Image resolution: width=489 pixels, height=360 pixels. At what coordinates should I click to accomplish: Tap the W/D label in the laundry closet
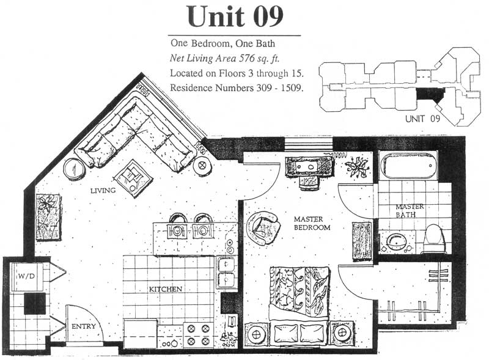(x=26, y=276)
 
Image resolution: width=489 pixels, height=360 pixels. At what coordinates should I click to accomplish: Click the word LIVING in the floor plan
(x=103, y=190)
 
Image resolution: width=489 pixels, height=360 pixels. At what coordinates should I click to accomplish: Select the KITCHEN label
(x=165, y=289)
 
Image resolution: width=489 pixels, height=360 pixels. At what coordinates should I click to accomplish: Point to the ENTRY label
(x=84, y=326)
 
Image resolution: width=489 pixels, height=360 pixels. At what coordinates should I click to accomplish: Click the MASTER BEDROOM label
(x=312, y=223)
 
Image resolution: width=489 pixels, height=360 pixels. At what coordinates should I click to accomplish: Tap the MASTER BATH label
(x=410, y=211)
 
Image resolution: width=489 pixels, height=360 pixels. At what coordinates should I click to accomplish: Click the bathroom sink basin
(x=395, y=241)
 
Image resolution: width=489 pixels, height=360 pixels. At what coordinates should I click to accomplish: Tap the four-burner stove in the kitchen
(x=197, y=336)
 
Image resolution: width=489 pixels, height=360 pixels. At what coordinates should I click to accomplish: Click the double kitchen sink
(x=226, y=274)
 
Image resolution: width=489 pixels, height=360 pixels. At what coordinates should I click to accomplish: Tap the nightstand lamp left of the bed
(x=256, y=336)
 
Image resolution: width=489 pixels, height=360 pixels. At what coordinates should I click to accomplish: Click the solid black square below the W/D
(x=35, y=304)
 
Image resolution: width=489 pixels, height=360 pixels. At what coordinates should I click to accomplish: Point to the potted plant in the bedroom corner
(x=358, y=167)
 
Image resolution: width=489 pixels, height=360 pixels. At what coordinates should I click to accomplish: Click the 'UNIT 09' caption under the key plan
(x=422, y=119)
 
